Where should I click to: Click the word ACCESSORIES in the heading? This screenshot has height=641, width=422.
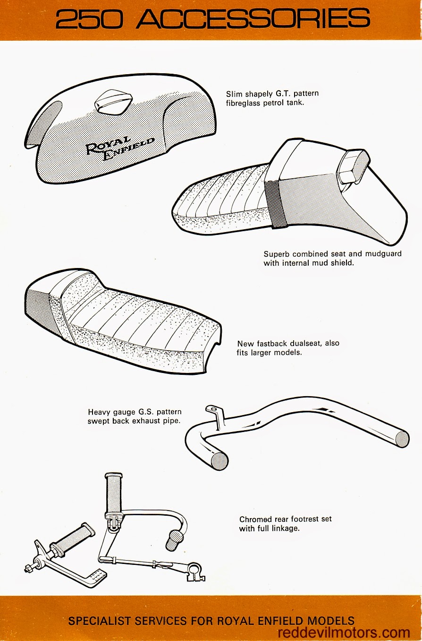(x=252, y=19)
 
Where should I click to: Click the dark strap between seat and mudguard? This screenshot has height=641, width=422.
(x=275, y=204)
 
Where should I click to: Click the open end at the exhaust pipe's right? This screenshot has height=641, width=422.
(x=402, y=438)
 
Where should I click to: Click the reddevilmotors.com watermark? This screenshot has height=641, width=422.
(x=344, y=632)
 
